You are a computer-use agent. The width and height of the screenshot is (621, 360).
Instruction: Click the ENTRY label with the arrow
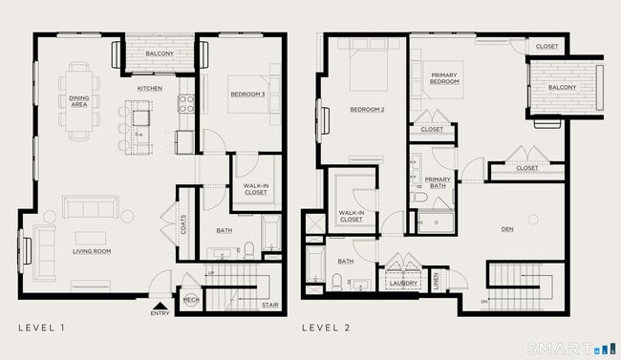click(x=159, y=311)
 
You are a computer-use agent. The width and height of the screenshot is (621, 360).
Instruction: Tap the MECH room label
click(x=189, y=300)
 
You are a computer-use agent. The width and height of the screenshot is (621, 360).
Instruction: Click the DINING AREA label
click(x=78, y=100)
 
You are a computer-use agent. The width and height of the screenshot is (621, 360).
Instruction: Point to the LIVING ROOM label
click(x=93, y=251)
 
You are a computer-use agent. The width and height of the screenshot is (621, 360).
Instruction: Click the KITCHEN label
click(x=149, y=89)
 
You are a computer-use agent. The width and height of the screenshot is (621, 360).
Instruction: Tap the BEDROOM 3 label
click(x=246, y=94)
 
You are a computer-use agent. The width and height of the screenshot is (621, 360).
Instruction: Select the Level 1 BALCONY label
click(x=160, y=54)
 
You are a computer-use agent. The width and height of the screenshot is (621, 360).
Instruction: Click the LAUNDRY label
click(x=403, y=283)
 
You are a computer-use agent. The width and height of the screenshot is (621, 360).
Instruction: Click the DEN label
click(x=507, y=229)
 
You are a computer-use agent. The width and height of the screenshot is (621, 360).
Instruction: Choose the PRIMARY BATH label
click(x=438, y=182)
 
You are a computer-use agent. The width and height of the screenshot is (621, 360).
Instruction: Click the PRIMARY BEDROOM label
click(x=444, y=78)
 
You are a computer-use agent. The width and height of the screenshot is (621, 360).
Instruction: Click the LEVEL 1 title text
click(x=42, y=328)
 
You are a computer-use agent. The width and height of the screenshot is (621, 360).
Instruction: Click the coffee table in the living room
click(x=92, y=236)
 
